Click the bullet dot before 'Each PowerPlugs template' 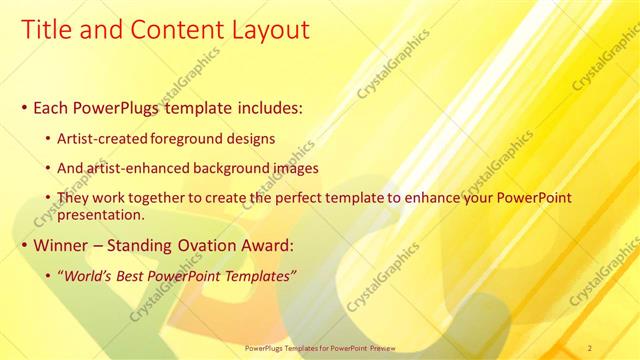coord(24,106)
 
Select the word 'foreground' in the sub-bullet coord(191,137)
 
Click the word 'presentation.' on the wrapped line coord(104,214)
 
